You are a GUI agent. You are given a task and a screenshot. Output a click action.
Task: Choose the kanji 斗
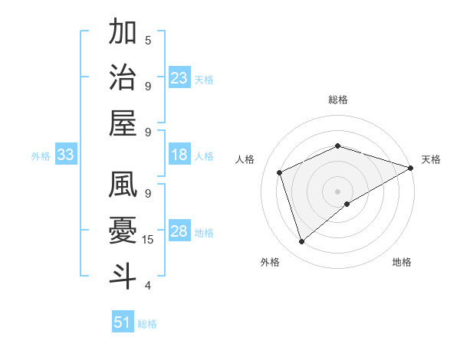pyautogui.click(x=123, y=276)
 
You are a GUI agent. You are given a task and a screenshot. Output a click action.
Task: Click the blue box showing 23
pyautogui.click(x=179, y=77)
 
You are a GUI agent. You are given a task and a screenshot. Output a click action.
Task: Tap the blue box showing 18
pyautogui.click(x=179, y=155)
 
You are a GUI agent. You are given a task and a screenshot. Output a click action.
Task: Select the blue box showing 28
pyautogui.click(x=179, y=232)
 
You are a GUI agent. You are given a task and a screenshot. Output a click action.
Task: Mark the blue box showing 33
pyautogui.click(x=66, y=155)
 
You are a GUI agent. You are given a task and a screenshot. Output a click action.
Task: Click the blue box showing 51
pyautogui.click(x=123, y=322)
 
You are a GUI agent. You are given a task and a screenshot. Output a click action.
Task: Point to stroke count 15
pyautogui.click(x=149, y=240)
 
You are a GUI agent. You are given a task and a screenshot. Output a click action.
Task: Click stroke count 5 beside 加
pyautogui.click(x=148, y=40)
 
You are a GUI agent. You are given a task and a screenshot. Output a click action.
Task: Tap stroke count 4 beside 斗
pyautogui.click(x=148, y=286)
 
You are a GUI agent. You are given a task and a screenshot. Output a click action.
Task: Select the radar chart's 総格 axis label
pyautogui.click(x=338, y=100)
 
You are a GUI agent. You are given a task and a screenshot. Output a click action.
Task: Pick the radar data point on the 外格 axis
pyautogui.click(x=301, y=242)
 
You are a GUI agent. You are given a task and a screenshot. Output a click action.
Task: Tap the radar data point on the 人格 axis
pyautogui.click(x=280, y=172)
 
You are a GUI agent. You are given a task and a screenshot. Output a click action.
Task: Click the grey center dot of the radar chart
pyautogui.click(x=338, y=191)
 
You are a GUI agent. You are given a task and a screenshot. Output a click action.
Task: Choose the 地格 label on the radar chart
pyautogui.click(x=402, y=262)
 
